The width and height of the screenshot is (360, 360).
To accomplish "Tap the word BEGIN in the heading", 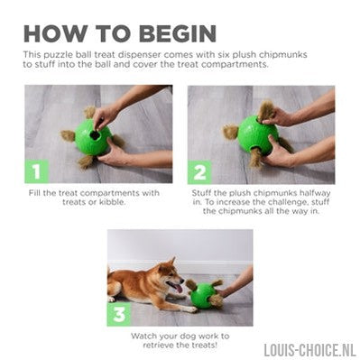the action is click(x=178, y=33).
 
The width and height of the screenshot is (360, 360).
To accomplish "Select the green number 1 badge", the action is click(x=37, y=171).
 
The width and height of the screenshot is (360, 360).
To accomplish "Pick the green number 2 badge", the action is click(x=199, y=172).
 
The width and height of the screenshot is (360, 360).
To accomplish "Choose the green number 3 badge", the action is click(x=119, y=314).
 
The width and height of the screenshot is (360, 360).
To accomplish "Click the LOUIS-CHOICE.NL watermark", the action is click(x=310, y=350).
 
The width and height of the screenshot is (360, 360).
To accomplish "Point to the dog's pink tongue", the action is click(x=179, y=289).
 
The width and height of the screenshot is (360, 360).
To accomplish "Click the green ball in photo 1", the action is click(x=93, y=137).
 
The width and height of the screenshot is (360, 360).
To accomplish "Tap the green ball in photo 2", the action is click(x=258, y=135).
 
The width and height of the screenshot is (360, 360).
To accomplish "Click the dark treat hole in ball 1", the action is click(x=96, y=135).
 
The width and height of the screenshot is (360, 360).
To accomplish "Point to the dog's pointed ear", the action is click(x=172, y=262).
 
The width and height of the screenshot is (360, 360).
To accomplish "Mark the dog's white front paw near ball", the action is click(x=191, y=309).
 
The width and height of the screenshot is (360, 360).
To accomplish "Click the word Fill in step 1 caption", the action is click(x=34, y=193).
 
